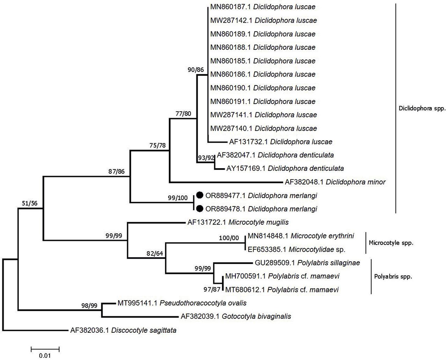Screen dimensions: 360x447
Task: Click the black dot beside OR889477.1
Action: click(200, 195)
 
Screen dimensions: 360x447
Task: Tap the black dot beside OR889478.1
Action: click(200, 209)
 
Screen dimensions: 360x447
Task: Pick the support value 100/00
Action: click(229, 238)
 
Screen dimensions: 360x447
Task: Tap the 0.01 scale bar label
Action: click(45, 356)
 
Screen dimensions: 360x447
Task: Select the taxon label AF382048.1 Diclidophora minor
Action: click(335, 182)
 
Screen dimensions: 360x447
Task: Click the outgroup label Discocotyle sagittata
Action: click(123, 330)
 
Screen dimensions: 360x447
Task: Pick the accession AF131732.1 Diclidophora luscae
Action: click(280, 142)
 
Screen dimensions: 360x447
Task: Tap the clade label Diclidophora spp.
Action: click(422, 108)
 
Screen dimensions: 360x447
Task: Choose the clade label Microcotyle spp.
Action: click(391, 243)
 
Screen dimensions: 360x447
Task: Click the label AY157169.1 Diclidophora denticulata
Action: click(285, 168)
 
